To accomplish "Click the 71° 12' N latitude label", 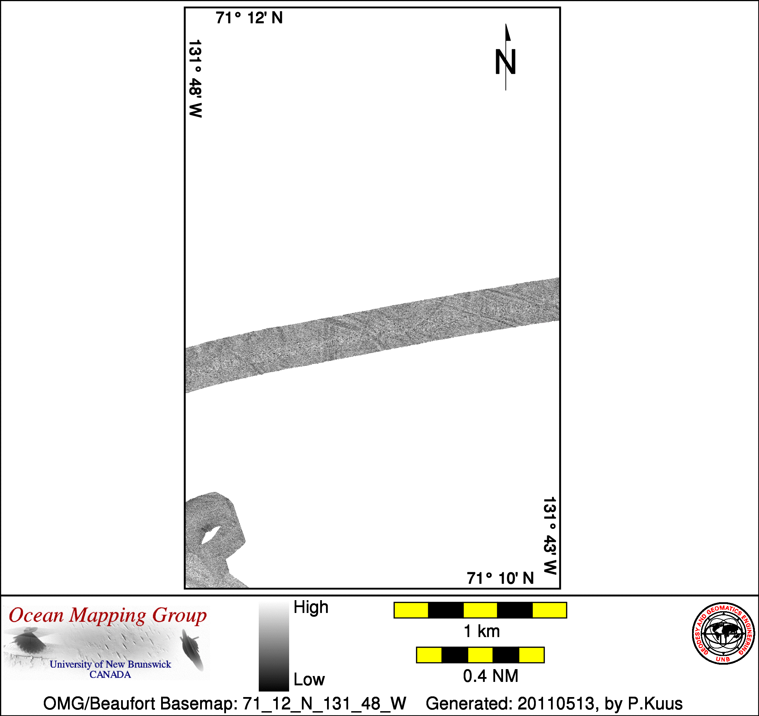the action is pos(249,18).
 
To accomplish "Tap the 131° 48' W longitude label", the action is pos(195,79).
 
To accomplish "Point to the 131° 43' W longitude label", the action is pos(550,535).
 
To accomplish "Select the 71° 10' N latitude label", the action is pos(500,578).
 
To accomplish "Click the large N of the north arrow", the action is pos(505,62).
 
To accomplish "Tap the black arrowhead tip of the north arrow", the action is pos(506,24).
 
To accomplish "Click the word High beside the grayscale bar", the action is pos(310,607).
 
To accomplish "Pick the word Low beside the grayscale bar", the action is pos(309,679).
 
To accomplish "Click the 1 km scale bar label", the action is pos(481,631).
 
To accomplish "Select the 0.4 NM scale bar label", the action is pos(491,676).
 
